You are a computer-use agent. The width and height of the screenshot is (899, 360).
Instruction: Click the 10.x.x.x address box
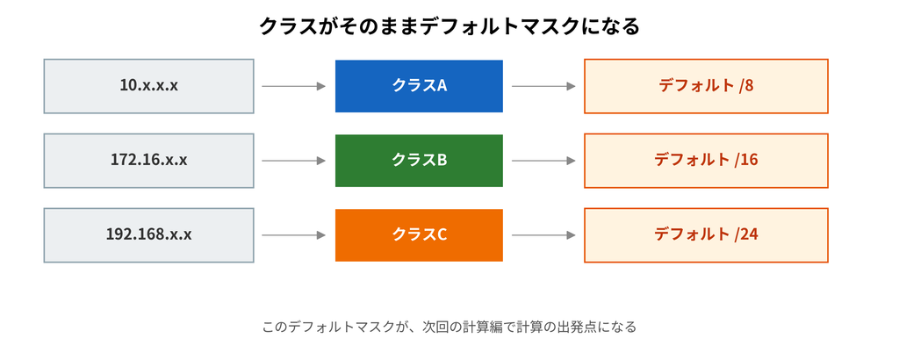[148, 86]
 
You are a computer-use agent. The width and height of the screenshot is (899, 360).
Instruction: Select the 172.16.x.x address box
[148, 161]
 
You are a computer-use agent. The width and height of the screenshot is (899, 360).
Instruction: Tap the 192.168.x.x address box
[148, 235]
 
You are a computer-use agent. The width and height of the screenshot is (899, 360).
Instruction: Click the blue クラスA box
[419, 86]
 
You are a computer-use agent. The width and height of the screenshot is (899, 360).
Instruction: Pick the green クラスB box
[419, 161]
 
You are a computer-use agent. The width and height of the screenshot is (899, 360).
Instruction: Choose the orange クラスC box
[419, 235]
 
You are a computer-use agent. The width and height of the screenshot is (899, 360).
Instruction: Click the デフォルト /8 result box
[706, 86]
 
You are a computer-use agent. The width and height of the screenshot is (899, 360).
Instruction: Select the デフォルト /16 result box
[706, 161]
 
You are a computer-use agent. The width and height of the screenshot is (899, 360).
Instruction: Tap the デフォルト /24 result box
[706, 235]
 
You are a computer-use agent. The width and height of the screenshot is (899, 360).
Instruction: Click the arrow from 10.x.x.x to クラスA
[293, 86]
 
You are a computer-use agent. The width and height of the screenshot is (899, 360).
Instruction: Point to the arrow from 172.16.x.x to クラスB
[293, 161]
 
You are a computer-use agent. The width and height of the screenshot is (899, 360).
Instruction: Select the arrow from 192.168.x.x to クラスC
[293, 235]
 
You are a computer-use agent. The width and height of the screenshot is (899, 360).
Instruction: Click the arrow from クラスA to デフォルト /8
[543, 86]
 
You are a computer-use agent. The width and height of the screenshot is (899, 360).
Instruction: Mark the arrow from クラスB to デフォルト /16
[543, 161]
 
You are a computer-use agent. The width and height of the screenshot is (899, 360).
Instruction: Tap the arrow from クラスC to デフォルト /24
[543, 235]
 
